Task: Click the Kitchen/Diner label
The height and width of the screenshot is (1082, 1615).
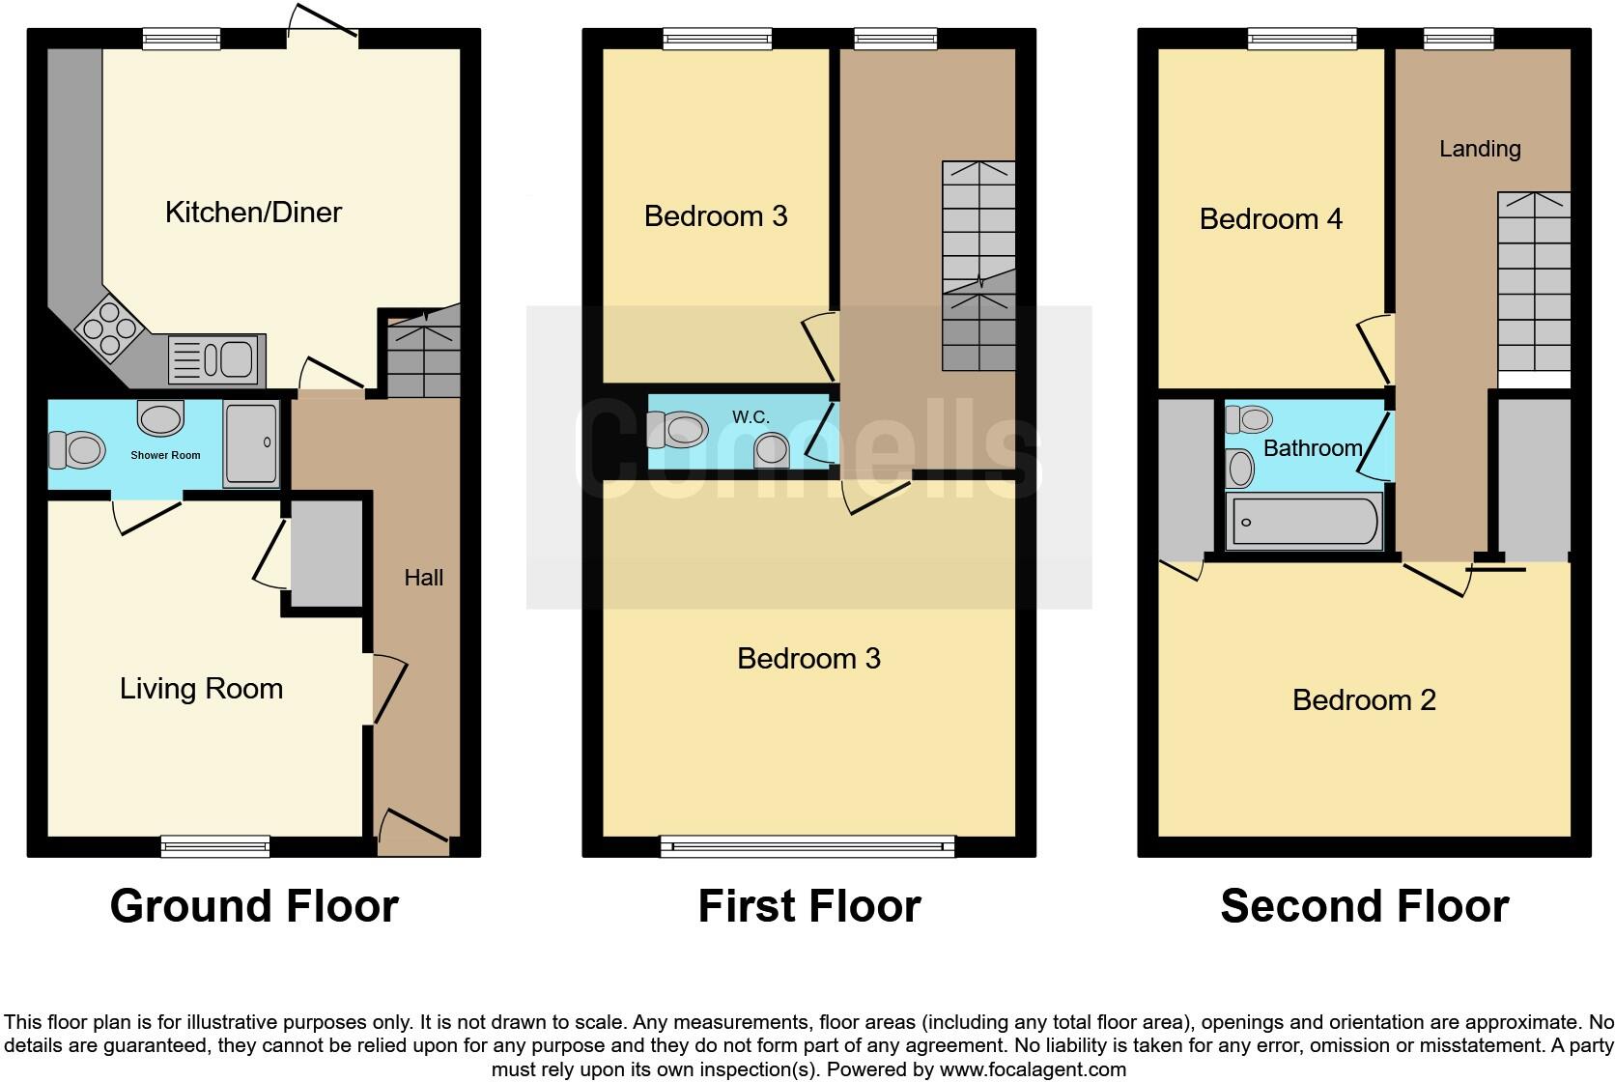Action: (x=253, y=213)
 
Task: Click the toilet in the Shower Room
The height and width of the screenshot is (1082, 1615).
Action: (x=78, y=450)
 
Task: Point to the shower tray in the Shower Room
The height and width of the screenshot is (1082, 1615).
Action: (x=251, y=443)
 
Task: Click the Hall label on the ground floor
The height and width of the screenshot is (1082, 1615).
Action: (x=423, y=578)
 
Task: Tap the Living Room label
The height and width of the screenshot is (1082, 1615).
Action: (x=201, y=689)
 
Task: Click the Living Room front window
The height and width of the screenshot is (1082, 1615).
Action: (x=214, y=846)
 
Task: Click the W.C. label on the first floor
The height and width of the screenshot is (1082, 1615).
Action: (x=751, y=417)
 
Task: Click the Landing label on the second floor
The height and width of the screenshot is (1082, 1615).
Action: (x=1480, y=149)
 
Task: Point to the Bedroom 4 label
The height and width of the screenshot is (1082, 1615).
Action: (x=1270, y=219)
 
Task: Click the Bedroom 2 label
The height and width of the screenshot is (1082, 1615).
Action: (x=1364, y=700)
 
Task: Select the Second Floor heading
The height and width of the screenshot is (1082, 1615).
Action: (x=1364, y=906)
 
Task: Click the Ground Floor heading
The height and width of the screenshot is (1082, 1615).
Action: (x=254, y=906)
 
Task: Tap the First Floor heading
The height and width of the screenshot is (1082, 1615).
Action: (x=809, y=906)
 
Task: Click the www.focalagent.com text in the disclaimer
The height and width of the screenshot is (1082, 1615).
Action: (x=1033, y=1069)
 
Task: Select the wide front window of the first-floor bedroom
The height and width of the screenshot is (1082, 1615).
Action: (x=807, y=846)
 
